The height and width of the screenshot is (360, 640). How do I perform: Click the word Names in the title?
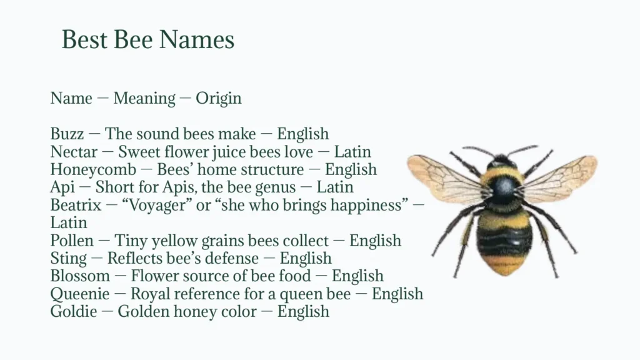pos(196,40)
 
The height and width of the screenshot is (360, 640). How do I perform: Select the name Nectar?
pos(74,152)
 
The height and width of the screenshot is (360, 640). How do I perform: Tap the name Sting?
pos(68,259)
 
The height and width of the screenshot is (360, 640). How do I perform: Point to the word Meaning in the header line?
pos(144,98)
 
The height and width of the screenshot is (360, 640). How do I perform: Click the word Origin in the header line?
pos(218,98)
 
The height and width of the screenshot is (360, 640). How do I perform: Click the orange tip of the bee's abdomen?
pos(503,265)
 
